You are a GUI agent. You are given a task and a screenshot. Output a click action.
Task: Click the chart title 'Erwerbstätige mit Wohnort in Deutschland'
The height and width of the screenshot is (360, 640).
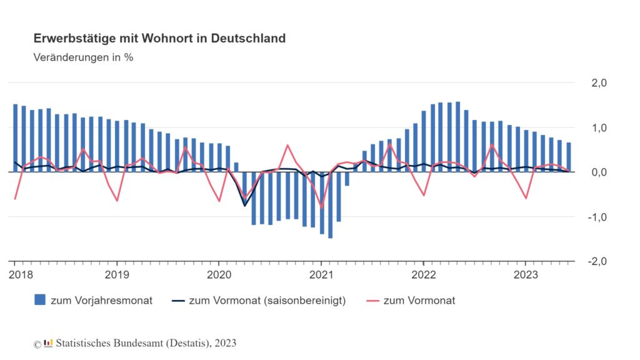point(159,38)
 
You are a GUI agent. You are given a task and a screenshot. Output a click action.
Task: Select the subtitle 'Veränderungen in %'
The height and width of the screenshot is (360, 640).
point(83,57)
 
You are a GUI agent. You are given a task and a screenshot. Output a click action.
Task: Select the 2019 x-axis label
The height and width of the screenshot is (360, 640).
point(116,274)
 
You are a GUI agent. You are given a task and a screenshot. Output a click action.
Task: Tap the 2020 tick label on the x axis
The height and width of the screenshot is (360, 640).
point(219,274)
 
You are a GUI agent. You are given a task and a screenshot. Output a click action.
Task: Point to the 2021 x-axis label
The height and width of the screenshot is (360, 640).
point(321,274)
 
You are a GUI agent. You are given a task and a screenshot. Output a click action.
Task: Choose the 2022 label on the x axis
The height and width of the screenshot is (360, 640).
point(423,274)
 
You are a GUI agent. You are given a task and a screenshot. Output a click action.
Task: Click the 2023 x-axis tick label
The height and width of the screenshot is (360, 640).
point(525,274)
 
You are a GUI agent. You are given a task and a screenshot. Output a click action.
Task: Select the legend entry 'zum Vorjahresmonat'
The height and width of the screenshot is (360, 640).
point(101,301)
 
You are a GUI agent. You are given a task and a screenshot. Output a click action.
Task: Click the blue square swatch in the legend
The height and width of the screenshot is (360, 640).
point(40,301)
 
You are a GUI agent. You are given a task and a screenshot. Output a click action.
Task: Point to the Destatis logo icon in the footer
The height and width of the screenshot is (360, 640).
point(48,343)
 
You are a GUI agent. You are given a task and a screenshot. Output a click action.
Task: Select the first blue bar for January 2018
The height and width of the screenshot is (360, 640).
point(16,137)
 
